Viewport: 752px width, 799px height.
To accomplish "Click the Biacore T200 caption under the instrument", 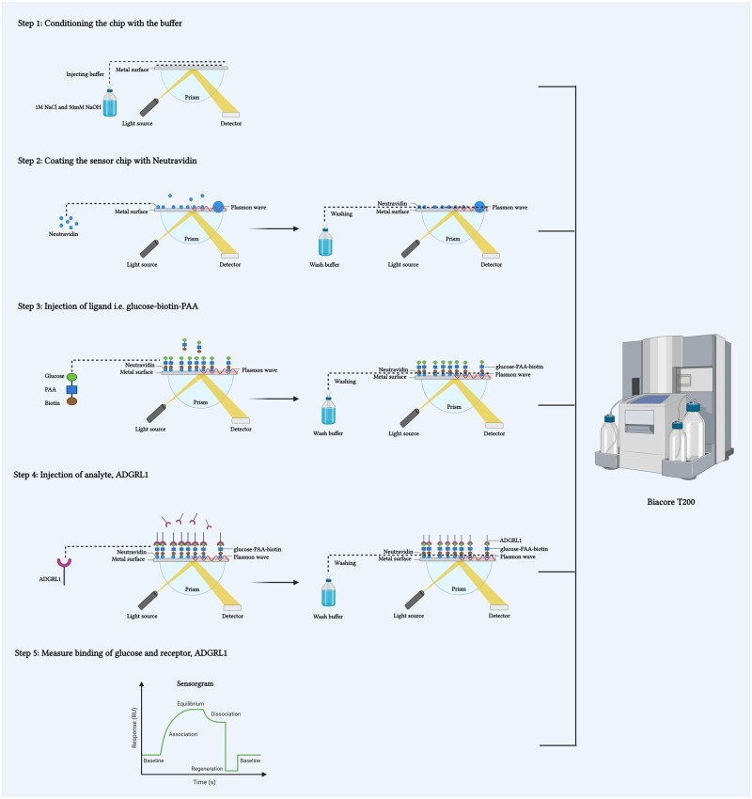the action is (670, 502).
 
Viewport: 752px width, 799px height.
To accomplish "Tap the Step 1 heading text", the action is (100, 23).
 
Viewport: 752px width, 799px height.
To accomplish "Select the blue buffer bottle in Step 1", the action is (110, 103).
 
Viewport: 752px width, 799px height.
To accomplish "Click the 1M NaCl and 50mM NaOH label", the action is (68, 107).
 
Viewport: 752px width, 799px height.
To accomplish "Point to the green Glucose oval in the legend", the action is (71, 377).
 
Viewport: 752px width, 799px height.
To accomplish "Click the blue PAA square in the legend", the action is (71, 390).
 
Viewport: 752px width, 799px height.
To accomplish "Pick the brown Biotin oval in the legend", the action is (71, 401).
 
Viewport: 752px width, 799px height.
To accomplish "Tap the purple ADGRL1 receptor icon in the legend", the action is (64, 571).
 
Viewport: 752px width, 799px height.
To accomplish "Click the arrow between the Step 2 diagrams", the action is (274, 228).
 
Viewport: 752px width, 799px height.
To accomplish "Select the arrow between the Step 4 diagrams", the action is (275, 583).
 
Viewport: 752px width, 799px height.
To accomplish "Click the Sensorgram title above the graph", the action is (196, 683).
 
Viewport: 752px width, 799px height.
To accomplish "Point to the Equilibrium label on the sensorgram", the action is (191, 704).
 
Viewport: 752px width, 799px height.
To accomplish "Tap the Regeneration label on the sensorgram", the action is (207, 768).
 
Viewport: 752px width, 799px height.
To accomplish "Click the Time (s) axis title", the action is (204, 782).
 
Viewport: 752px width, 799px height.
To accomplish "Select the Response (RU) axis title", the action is (134, 728).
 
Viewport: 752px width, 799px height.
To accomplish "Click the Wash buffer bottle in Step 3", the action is (329, 411).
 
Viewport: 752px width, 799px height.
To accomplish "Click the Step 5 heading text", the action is (120, 653).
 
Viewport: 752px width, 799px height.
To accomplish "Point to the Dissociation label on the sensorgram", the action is (226, 714).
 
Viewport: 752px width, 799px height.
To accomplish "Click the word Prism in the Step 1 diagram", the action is (192, 98).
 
